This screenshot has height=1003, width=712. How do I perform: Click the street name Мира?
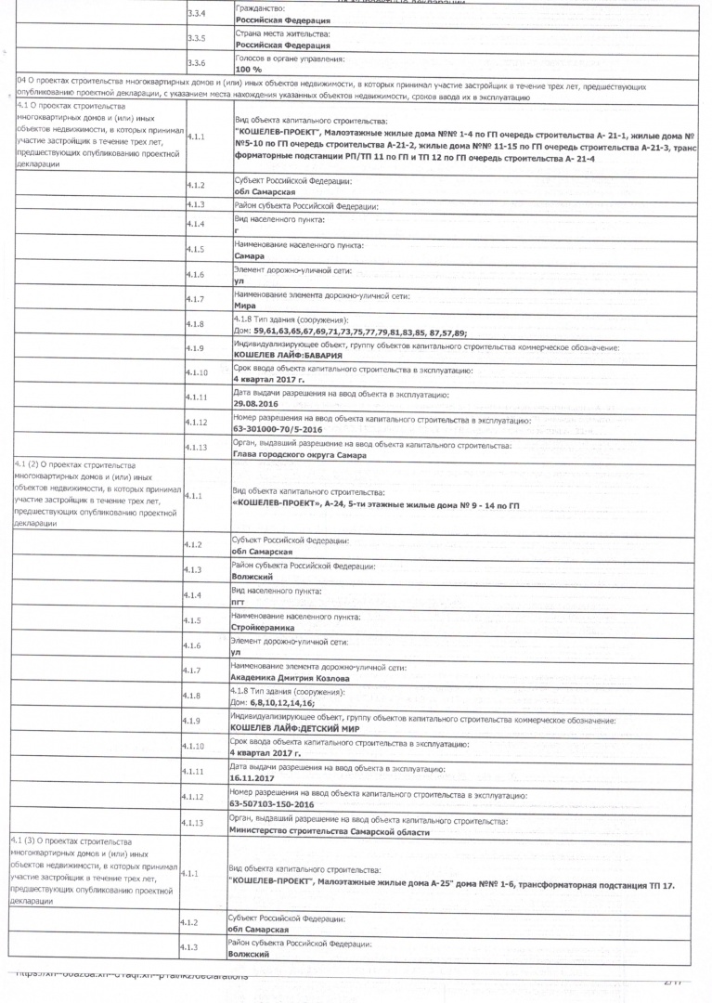tap(245, 305)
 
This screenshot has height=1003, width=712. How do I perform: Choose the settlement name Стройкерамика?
tap(263, 628)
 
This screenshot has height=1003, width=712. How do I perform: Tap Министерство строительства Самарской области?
tap(329, 831)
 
